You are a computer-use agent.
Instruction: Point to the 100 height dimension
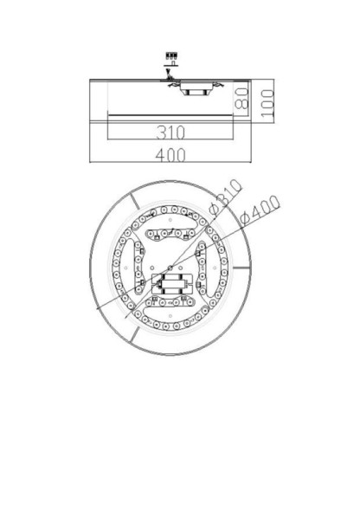267,101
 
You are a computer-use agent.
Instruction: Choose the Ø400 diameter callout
259,210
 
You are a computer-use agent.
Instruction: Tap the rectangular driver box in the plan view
171,282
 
